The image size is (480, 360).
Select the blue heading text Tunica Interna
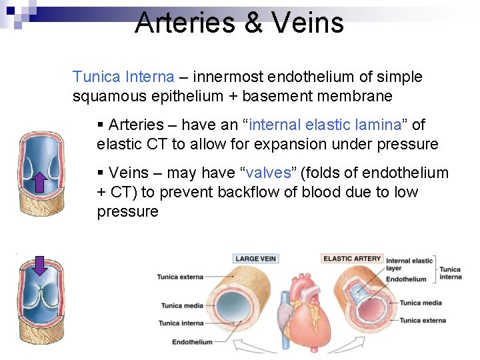coord(123,77)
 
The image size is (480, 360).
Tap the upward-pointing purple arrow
coord(39,180)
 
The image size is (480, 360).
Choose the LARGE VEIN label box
coord(256,259)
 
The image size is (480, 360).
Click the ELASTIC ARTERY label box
coord(352,259)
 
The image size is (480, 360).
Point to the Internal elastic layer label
coord(409,265)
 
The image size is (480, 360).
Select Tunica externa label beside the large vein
coord(181,277)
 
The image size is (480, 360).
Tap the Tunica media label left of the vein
coord(182,306)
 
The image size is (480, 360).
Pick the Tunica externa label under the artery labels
coord(423,320)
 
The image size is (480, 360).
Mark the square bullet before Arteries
coord(100,125)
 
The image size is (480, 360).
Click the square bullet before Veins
coord(100,173)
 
